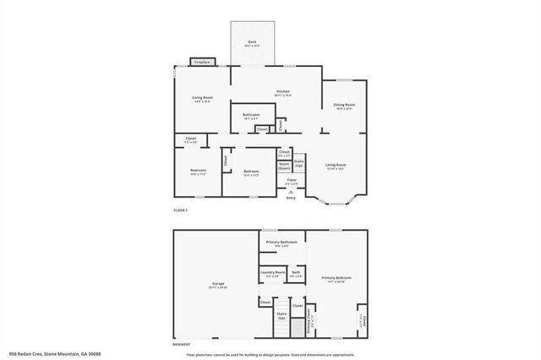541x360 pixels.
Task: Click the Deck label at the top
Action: [252, 41]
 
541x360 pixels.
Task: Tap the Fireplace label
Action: [202, 62]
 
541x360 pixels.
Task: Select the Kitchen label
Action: [283, 91]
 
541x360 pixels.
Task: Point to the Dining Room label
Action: [344, 105]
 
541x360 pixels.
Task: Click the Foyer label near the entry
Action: [292, 180]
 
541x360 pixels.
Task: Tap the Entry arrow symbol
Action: [292, 192]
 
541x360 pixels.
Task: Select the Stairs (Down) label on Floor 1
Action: [285, 166]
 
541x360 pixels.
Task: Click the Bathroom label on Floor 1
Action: [251, 114]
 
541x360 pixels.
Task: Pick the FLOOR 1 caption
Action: [180, 210]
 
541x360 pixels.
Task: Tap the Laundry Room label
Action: [273, 272]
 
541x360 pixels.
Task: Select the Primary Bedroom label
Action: [336, 277]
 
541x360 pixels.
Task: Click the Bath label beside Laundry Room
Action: [296, 272]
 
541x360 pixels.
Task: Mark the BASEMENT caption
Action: [182, 344]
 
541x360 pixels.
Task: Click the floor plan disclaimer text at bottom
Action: [270, 354]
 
